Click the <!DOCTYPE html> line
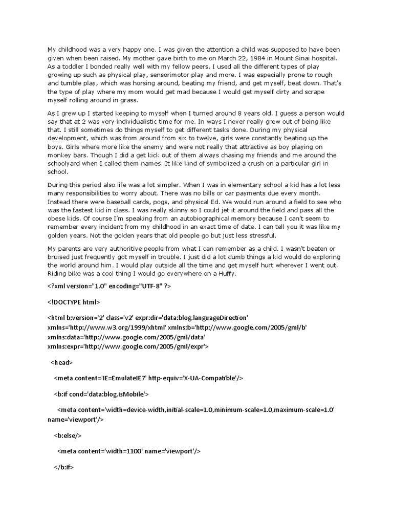(74, 302)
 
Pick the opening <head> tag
(62, 362)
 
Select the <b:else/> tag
(68, 435)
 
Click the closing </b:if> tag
(64, 467)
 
